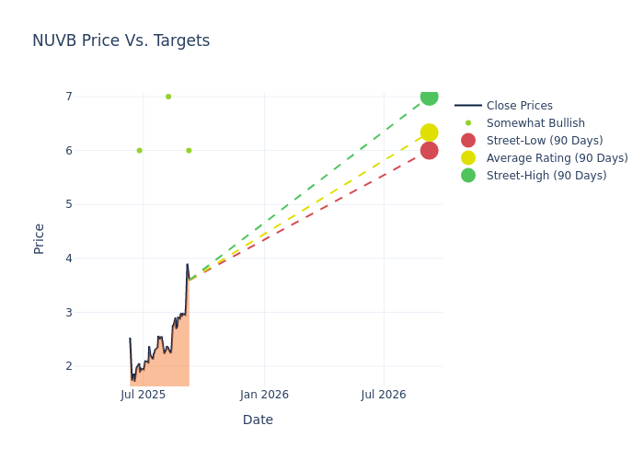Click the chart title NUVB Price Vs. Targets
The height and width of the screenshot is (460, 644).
[121, 40]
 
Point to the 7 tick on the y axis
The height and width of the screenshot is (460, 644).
[68, 97]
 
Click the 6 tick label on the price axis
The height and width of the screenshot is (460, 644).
[68, 151]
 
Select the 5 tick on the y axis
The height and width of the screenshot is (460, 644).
[68, 204]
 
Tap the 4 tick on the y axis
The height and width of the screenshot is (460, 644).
[68, 259]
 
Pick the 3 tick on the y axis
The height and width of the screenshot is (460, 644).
[68, 313]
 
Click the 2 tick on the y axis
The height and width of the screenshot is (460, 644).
[68, 366]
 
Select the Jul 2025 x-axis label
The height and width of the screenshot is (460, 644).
[144, 395]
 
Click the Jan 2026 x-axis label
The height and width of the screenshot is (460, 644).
[264, 395]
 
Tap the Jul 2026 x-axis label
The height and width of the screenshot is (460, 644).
[384, 395]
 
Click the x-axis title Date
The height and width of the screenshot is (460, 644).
[258, 420]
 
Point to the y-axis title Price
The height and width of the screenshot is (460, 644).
[40, 238]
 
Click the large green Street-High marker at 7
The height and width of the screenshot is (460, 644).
[429, 97]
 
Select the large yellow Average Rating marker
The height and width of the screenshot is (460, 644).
[429, 132]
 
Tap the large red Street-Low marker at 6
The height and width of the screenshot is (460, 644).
[429, 151]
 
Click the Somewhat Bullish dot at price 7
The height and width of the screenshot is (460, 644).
[168, 97]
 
